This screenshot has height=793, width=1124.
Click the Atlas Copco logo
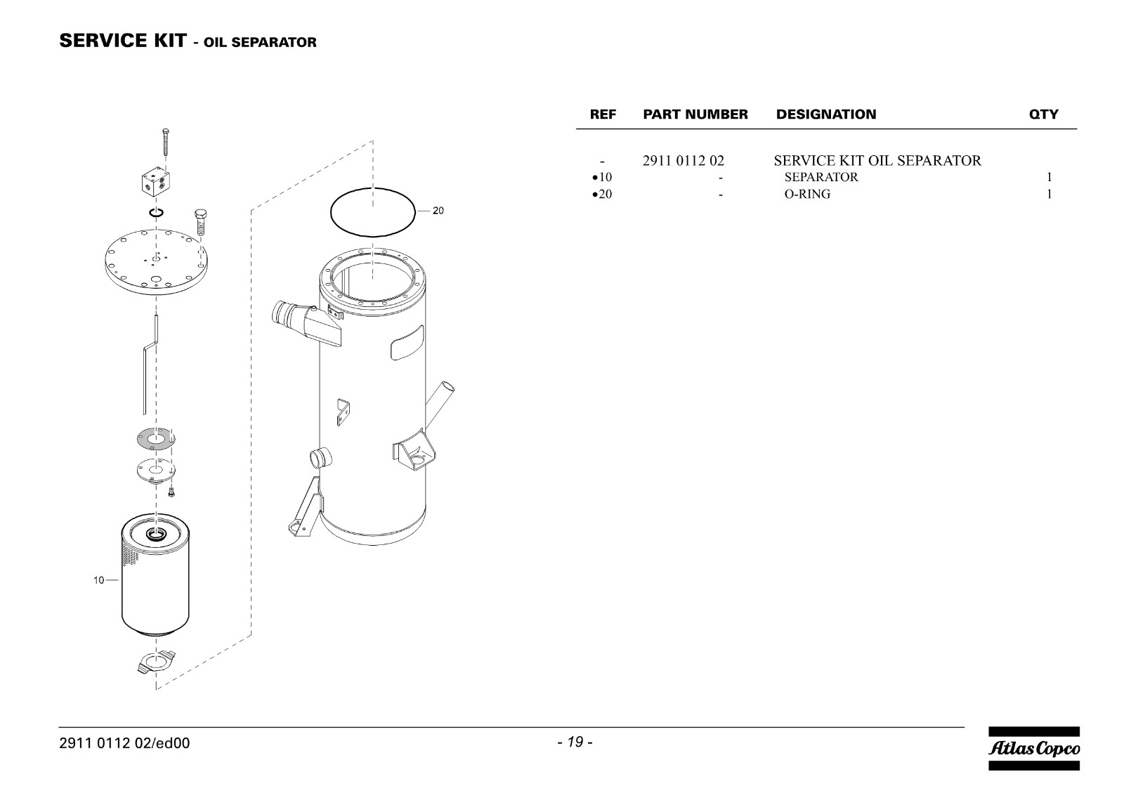pos(1033,748)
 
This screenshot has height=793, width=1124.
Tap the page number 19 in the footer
pos(575,742)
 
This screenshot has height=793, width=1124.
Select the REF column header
pos(603,114)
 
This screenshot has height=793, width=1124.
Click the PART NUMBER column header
pos(695,114)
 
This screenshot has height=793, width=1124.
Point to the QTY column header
pos(1044,114)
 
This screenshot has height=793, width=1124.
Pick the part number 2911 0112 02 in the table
pos(683,161)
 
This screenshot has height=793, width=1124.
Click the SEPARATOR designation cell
pos(821,177)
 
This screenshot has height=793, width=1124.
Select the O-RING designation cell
pos(807,194)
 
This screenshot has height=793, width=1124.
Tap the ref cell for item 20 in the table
pos(602,194)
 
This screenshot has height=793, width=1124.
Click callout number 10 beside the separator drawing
pos(98,580)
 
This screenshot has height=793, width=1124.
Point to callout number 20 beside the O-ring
pos(438,211)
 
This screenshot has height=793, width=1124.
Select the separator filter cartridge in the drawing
pos(155,575)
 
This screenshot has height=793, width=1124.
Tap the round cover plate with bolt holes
pos(156,262)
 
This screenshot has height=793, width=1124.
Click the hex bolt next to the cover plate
pos(201,222)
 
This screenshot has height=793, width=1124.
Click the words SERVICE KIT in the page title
pos(123,41)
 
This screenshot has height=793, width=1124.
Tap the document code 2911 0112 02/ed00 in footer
pos(124,743)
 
